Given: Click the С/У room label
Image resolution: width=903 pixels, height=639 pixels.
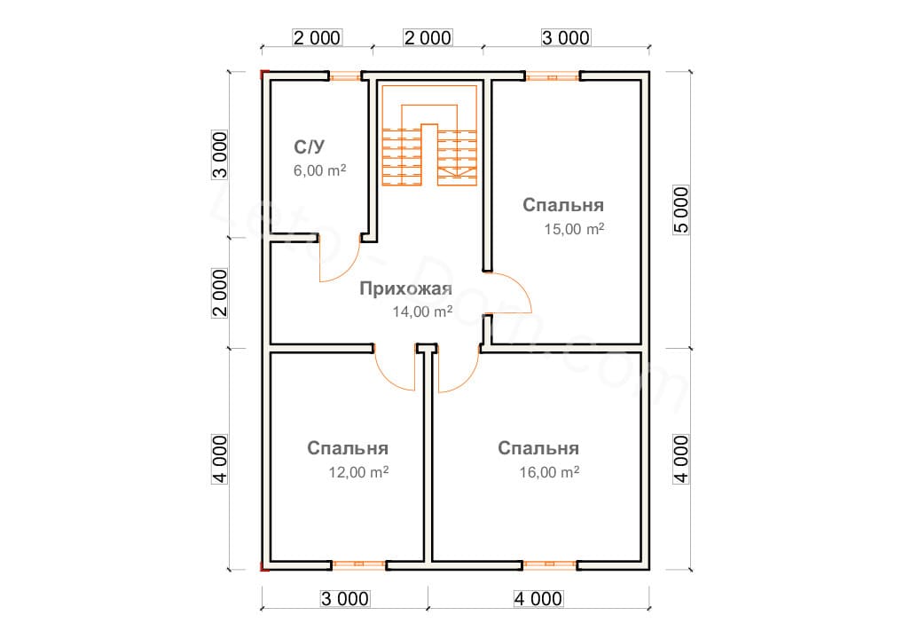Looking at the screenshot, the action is tap(310, 147).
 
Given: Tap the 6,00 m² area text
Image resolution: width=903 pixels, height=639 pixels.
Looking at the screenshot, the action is tap(319, 170).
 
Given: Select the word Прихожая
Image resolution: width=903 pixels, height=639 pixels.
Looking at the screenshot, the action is tap(406, 288).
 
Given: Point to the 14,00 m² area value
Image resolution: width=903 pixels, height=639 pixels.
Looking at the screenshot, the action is tap(422, 312).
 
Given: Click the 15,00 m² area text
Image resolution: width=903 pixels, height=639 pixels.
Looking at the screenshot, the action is tap(574, 229).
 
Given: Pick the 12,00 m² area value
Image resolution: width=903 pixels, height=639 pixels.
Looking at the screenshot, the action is tap(358, 472).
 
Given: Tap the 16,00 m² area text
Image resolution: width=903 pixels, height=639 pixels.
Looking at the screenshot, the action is tap(549, 472).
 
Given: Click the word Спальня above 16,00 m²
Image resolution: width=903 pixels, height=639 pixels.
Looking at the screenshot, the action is tap(538, 448).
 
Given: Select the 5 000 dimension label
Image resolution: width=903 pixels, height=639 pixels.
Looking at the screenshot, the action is tap(680, 209).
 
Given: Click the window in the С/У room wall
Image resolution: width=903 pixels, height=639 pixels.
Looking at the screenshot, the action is tap(345, 75).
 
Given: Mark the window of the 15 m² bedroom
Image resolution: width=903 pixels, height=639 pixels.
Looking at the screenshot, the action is tap(552, 75).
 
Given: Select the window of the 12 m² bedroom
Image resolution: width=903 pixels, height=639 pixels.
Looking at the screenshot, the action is tap(358, 565).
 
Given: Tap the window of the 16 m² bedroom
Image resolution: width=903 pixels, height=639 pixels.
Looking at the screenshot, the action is tap(549, 565).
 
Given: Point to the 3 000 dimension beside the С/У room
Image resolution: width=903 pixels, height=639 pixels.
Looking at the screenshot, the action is tap(220, 155).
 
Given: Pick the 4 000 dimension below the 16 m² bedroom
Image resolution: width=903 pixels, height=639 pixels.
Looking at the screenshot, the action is tap(538, 599).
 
